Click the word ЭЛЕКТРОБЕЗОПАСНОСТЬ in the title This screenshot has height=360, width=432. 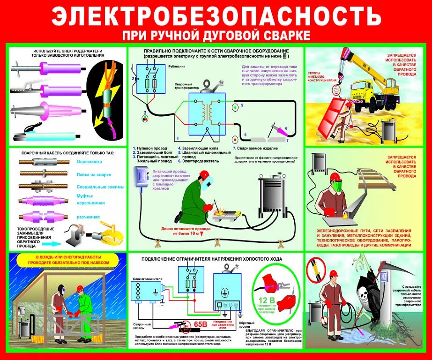point(216,17)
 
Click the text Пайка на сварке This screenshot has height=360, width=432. point(93,174)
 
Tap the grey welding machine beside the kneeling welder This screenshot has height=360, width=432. point(276,192)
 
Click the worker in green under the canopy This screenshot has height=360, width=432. point(84,309)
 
